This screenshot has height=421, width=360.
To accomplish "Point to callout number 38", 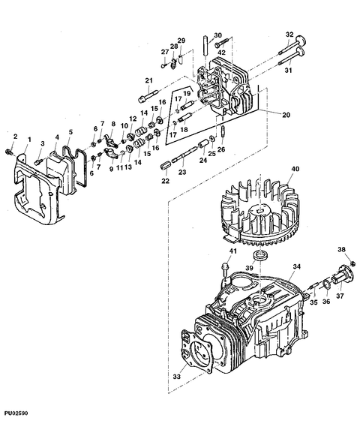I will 341,251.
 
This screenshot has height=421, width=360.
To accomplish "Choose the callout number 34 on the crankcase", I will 296,266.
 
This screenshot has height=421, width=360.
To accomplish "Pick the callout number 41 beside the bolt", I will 232,251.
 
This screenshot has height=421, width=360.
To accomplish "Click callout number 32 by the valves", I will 289,35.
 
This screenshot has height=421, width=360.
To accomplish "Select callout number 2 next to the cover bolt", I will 14,135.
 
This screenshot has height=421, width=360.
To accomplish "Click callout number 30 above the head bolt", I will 217,35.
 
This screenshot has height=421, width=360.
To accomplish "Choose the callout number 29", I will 181,40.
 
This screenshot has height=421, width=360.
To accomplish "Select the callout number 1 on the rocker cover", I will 29,140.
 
